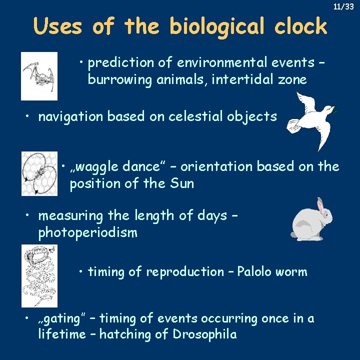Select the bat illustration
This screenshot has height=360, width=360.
click(39, 76)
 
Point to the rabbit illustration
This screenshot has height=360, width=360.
click(311, 218)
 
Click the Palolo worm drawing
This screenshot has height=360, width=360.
click(39, 275)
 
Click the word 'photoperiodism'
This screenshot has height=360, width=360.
click(87, 233)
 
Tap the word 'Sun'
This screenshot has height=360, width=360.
click(181, 183)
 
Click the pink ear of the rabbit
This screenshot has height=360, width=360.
click(320, 204)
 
